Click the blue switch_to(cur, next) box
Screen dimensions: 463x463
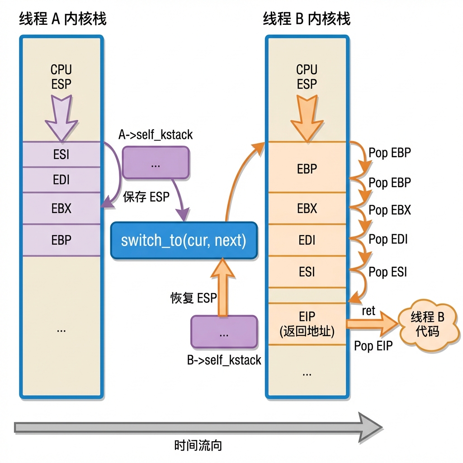point(184,241)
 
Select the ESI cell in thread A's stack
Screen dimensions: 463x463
point(61,155)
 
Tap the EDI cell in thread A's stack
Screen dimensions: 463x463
point(61,180)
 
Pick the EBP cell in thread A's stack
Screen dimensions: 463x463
point(61,240)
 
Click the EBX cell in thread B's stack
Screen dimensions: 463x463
point(307,208)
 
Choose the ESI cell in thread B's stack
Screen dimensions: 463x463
point(307,272)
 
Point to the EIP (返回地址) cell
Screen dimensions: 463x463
point(307,324)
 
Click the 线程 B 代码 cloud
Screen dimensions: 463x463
point(429,325)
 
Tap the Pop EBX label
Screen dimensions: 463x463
point(390,210)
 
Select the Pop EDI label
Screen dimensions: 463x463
point(388,239)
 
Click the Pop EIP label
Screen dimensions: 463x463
point(373,346)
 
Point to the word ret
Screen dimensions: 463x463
point(369,311)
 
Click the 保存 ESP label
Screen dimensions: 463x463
point(146,197)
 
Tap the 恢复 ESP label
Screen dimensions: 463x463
point(194,298)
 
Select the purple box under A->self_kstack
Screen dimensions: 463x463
point(156,163)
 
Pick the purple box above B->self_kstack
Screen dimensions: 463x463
point(224,332)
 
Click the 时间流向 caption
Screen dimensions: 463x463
point(198,445)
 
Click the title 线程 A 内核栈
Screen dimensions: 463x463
point(62,19)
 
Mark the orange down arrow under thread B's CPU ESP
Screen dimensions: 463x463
point(307,118)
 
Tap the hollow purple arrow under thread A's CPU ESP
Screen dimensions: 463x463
point(61,118)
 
